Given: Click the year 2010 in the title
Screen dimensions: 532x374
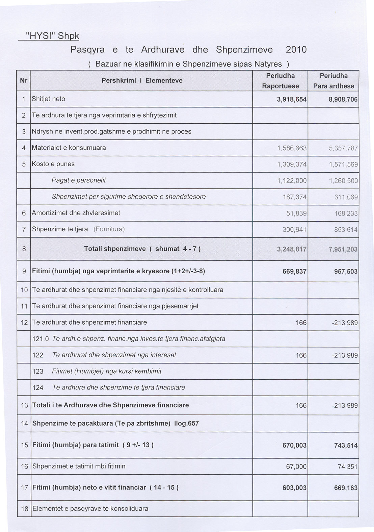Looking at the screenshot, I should pos(296,50).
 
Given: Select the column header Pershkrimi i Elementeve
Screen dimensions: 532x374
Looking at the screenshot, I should pos(142,80).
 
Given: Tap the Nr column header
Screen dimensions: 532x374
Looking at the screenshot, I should pos(24,80).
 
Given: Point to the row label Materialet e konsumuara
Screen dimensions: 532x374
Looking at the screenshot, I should pos(69,148).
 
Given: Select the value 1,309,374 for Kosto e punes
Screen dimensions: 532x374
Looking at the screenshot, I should pos(292,164).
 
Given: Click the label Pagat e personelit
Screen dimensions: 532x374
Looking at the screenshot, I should pos(79,180).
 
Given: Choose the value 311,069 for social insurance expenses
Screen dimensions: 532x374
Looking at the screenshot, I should pos(346,197).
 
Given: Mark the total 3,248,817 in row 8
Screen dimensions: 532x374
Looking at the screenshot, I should pos(291,249).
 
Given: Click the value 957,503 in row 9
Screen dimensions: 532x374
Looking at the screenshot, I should pos(345,271).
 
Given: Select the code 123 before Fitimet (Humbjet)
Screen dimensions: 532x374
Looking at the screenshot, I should pos(38,372).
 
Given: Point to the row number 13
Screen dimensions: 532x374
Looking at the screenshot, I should pos(24,405).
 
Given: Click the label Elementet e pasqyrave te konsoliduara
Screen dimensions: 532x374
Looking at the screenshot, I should pos(90,508).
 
